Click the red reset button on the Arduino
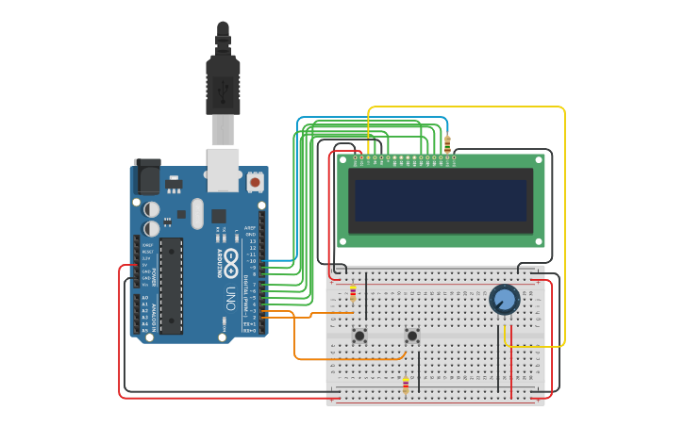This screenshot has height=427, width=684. [x=255, y=180]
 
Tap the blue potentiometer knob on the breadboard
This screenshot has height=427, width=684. [x=505, y=301]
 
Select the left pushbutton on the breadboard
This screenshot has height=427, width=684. [x=359, y=335]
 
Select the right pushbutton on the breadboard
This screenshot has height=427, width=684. [x=412, y=335]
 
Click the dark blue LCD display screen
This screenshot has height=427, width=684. [x=439, y=200]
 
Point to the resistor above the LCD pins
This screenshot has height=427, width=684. [x=447, y=144]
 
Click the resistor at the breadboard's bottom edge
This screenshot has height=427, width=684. [x=406, y=386]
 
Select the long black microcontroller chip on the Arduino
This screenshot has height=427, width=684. [x=171, y=285]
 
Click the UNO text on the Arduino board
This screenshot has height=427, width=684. [x=229, y=299]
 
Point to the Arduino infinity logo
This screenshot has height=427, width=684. [x=231, y=261]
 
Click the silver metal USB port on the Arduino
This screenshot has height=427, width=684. [x=224, y=167]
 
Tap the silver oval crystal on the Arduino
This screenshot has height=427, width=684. [x=196, y=213]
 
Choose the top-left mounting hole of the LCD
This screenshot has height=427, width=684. [x=344, y=161]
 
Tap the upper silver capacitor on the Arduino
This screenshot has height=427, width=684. [x=152, y=209]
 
